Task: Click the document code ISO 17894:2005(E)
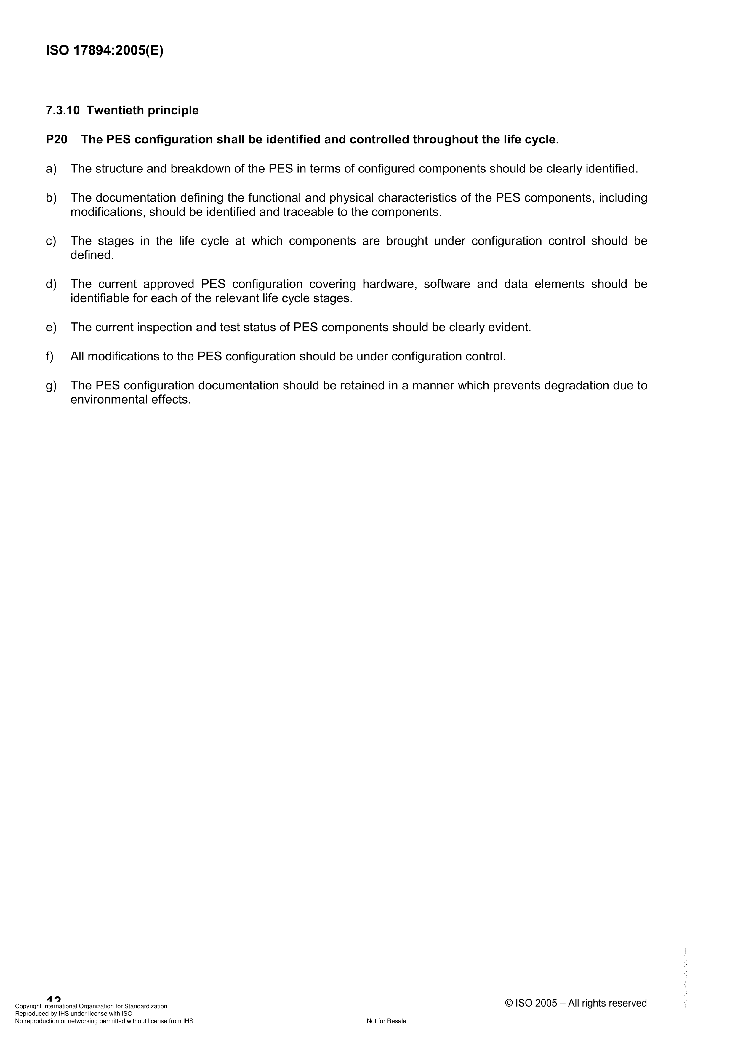click(105, 51)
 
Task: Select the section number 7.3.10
click(63, 111)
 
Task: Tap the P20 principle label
click(57, 140)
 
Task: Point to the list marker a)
click(51, 169)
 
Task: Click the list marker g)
click(51, 386)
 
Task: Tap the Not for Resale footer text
click(386, 1021)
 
